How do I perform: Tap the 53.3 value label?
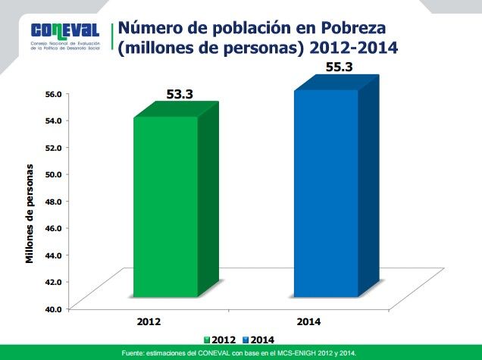point(180,95)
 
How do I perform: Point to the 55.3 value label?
point(339,68)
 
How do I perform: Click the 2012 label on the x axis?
point(149,322)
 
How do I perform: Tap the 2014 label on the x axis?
point(309,322)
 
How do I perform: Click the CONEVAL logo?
point(66,30)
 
